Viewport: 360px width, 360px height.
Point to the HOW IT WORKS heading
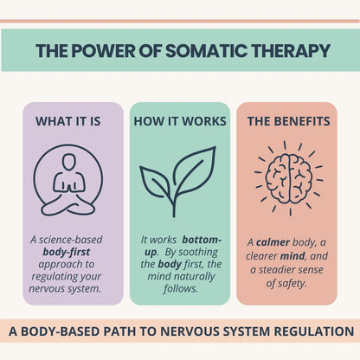click(x=180, y=121)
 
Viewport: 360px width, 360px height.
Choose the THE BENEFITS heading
click(x=286, y=121)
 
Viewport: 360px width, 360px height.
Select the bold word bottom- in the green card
click(x=203, y=238)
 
